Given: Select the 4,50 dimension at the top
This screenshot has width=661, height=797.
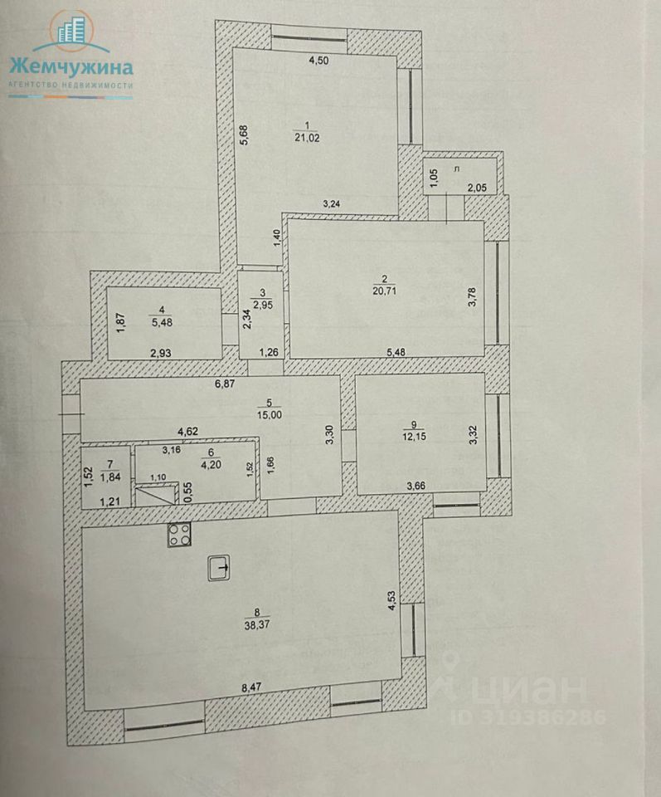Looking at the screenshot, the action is click(320, 60).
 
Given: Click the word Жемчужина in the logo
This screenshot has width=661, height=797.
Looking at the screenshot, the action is click(70, 66).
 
